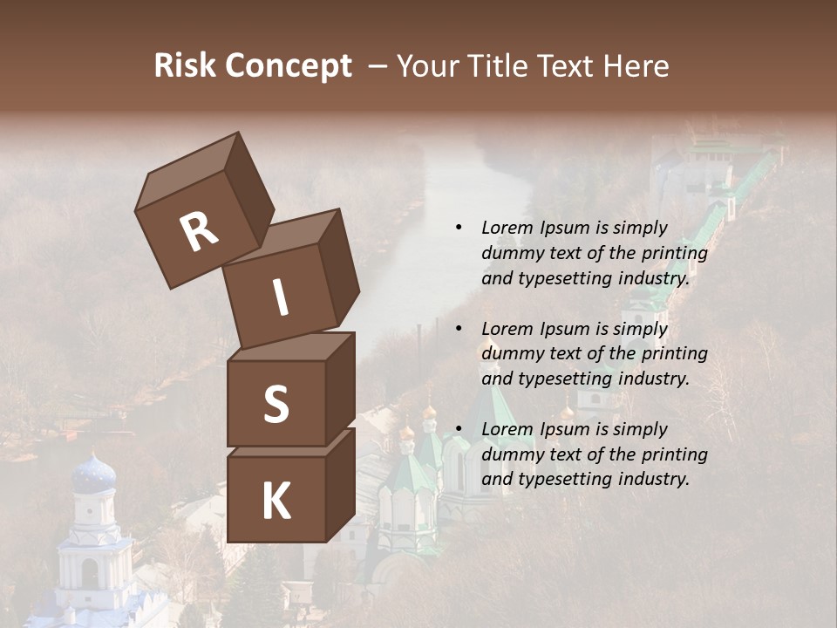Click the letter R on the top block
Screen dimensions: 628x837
pyautogui.click(x=200, y=231)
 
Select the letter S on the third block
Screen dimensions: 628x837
pyautogui.click(x=276, y=404)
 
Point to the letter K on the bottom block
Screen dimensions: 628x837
pyautogui.click(x=276, y=502)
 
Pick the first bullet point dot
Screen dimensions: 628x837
pyautogui.click(x=459, y=229)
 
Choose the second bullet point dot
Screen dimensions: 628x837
pyautogui.click(x=459, y=330)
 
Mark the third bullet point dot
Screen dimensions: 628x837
pyautogui.click(x=459, y=430)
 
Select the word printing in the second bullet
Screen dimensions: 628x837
pyautogui.click(x=673, y=354)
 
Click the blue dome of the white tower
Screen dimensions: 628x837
pyautogui.click(x=93, y=474)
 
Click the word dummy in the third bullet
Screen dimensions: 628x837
pyautogui.click(x=510, y=454)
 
